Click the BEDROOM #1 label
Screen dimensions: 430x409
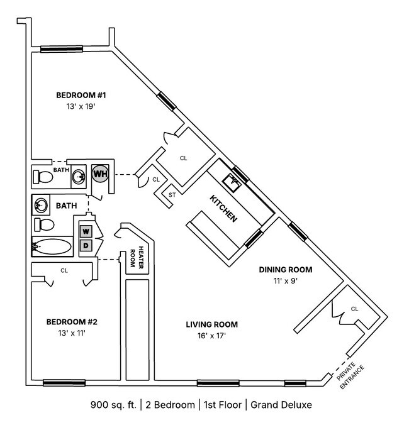coord(81,96)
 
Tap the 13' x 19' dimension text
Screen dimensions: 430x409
coord(81,106)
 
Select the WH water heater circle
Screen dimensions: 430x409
coord(100,173)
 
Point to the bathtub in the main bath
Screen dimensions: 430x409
coord(52,246)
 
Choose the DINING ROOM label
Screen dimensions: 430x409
coord(286,270)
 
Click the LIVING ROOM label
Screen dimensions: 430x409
coord(211,324)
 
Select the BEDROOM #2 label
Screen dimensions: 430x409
coord(72,322)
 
